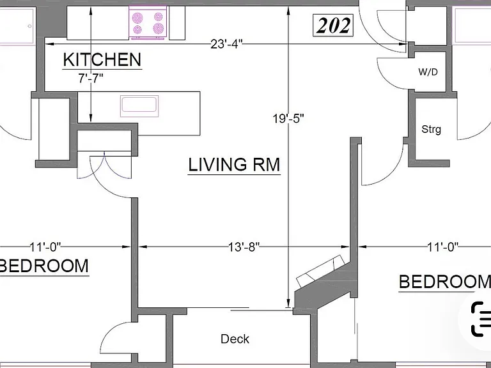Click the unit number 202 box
[x=333, y=25]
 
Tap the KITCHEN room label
[x=102, y=60]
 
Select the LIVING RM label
[x=234, y=165]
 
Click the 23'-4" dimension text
[x=226, y=44]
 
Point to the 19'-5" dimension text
[x=288, y=119]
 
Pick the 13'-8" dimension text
[x=244, y=247]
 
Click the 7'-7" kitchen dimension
[x=91, y=78]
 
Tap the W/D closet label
[x=428, y=72]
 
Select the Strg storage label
[x=431, y=129]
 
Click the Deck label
[x=235, y=339]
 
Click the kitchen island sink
[x=139, y=106]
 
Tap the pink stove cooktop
[x=148, y=22]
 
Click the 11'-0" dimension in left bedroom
[x=45, y=247]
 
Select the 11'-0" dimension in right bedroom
[x=443, y=247]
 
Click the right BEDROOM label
[x=445, y=282]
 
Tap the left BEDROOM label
[x=44, y=266]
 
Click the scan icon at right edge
[x=481, y=319]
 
